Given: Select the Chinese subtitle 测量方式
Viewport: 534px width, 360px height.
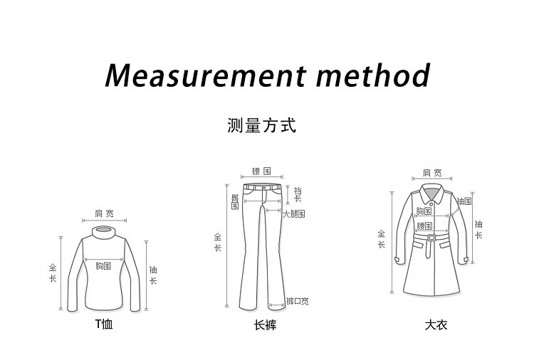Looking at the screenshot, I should tap(261, 127).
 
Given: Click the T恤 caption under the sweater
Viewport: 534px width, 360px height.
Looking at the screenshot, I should tap(104, 325).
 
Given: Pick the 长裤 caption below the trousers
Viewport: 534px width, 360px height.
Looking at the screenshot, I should tap(265, 325).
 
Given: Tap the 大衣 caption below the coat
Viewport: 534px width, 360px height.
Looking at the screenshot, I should tap(436, 325).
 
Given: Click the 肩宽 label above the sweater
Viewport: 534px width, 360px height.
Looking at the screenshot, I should tap(104, 213).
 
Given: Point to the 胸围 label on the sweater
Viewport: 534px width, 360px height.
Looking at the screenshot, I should tap(103, 266).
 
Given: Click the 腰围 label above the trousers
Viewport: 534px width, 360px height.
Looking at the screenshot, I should tap(261, 171).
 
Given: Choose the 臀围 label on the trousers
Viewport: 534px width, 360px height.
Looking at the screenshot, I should tap(234, 201).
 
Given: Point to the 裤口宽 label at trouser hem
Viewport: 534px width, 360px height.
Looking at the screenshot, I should tap(297, 301).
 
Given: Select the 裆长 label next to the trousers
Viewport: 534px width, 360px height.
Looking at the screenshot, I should tap(298, 194).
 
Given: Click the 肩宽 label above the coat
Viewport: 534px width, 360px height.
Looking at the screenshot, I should tap(432, 172).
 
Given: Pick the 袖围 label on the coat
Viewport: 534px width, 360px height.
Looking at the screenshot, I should tap(464, 202).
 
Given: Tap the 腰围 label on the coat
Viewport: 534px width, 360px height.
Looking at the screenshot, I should tap(426, 226).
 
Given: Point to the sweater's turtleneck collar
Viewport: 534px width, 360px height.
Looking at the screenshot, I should tap(104, 232).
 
